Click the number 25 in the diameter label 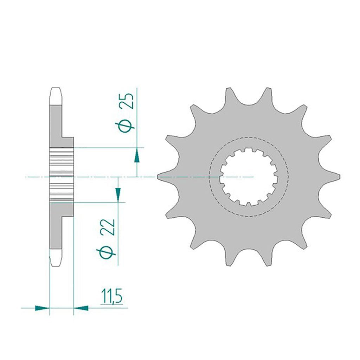tap(128, 101)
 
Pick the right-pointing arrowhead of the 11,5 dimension tap(42, 308)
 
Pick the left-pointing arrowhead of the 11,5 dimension tap(81, 308)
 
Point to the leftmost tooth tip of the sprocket tap(158, 177)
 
